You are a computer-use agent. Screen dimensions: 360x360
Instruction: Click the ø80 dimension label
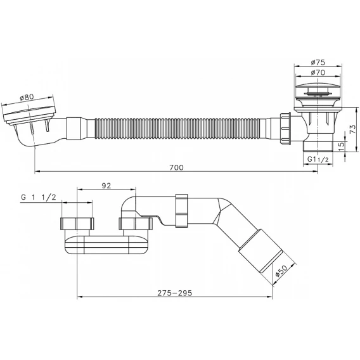(27, 98)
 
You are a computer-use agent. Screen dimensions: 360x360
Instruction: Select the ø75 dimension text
(318, 62)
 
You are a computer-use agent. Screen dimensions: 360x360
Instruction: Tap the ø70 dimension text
(318, 72)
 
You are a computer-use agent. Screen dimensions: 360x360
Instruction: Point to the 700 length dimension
(176, 167)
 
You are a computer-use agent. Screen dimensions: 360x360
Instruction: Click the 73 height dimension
(353, 129)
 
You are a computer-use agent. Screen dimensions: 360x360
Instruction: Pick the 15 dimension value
(342, 145)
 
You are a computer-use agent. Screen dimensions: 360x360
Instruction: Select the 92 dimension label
(106, 186)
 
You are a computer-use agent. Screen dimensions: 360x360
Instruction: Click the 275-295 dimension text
(175, 293)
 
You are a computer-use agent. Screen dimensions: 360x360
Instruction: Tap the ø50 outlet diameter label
(281, 271)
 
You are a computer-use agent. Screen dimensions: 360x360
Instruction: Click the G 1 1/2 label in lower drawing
(38, 197)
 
